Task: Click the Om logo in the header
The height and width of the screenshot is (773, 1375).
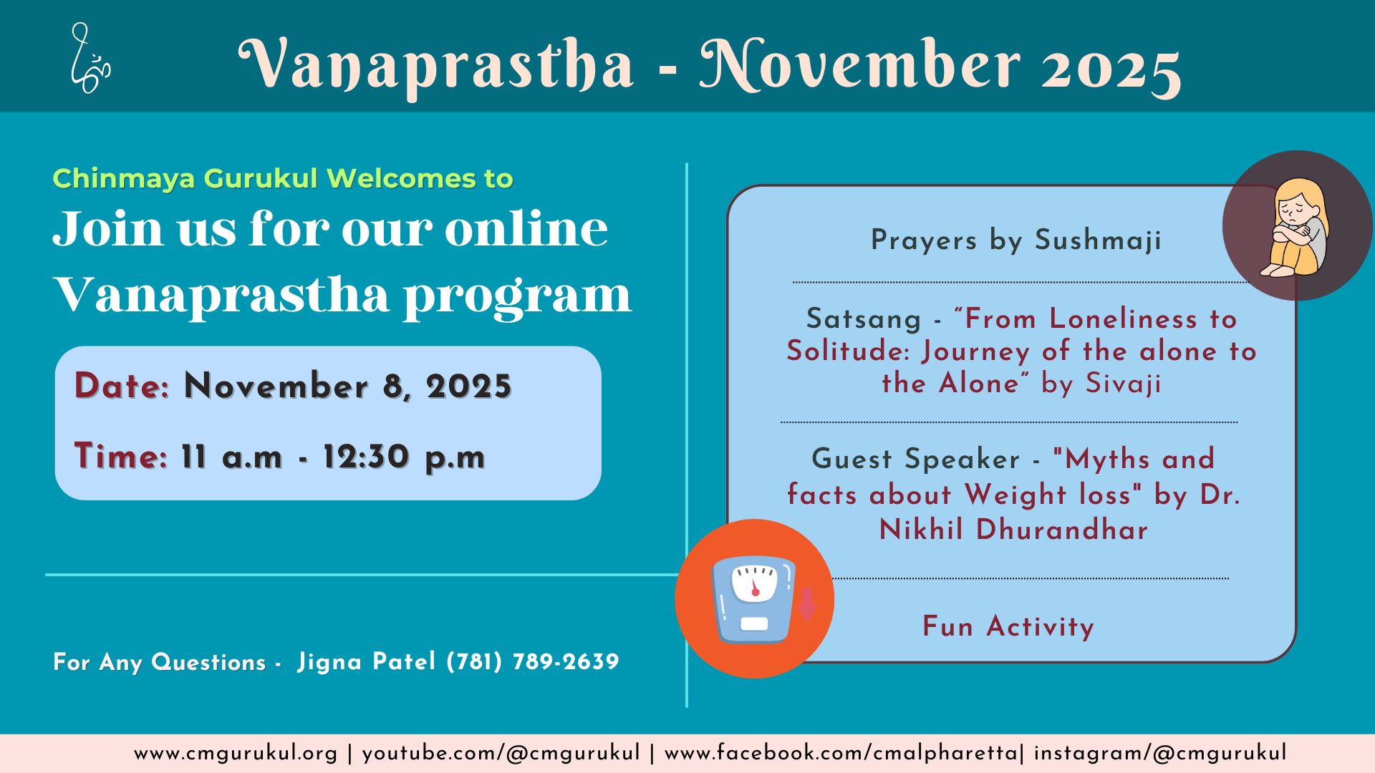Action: [90, 59]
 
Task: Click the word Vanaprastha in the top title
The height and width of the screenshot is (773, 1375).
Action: [436, 66]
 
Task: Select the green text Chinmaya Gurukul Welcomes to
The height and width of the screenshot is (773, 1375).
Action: [283, 178]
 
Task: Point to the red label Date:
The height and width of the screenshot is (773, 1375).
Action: [122, 386]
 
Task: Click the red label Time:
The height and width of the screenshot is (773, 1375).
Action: [121, 457]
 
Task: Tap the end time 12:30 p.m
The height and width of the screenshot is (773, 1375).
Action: [404, 457]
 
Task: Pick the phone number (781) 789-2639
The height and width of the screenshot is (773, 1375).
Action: [533, 661]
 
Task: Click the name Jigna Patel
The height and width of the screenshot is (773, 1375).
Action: [366, 661]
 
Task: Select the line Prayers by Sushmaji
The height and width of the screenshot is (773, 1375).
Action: [1016, 240]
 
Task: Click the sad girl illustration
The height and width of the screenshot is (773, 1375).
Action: [1297, 226]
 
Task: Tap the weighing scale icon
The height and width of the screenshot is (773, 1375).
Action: [754, 599]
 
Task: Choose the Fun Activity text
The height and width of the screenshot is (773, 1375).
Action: [1008, 627]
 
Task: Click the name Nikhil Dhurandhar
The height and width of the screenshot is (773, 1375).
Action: [1013, 530]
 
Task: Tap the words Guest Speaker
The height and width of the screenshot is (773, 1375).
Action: [915, 460]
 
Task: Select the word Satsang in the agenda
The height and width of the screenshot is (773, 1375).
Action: [864, 319]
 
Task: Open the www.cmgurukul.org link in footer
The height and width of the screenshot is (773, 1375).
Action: [236, 754]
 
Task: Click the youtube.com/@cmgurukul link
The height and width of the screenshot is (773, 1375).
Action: [501, 754]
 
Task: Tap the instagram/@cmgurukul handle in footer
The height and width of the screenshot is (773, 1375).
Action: [1160, 754]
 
